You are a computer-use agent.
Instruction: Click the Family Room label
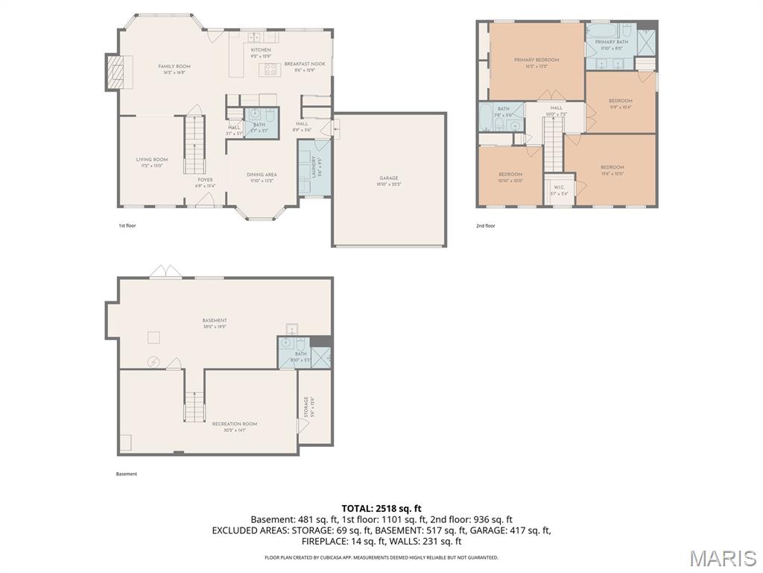(x=174, y=66)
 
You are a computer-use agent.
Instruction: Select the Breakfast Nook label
(x=305, y=64)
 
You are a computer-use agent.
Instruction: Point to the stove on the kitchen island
(x=268, y=69)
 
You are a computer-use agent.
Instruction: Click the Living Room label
(x=151, y=160)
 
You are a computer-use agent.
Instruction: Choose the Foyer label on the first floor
(x=205, y=180)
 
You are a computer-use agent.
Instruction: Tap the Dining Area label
(x=262, y=175)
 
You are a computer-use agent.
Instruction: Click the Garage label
(x=389, y=178)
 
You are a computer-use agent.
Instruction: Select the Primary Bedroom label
(x=536, y=60)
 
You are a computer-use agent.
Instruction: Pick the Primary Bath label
(x=612, y=42)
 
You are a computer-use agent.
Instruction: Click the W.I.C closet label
(x=558, y=187)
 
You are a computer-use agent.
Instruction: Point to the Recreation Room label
(x=234, y=424)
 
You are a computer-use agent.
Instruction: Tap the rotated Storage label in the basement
(x=305, y=407)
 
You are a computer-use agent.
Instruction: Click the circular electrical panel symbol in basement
(x=153, y=362)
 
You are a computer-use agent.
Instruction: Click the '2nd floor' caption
(x=485, y=225)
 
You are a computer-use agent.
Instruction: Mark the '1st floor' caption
(x=127, y=225)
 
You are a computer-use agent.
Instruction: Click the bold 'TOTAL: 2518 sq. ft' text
(x=381, y=508)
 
